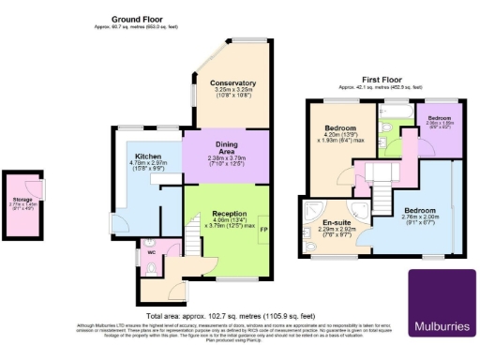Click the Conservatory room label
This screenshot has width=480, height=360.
(232, 82)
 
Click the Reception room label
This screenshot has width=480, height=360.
(229, 214)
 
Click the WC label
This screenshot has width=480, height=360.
(151, 253)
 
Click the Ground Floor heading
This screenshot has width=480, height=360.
(139, 19)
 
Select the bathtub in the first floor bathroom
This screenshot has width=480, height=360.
(392, 113)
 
